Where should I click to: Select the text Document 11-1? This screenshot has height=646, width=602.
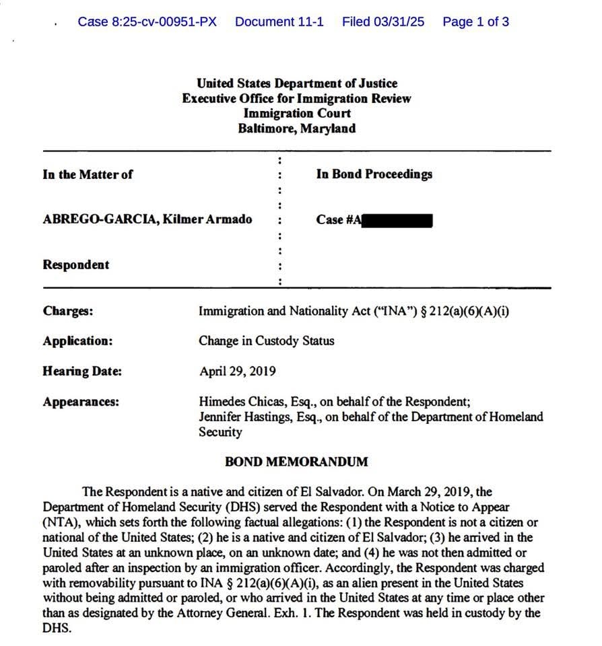click(279, 22)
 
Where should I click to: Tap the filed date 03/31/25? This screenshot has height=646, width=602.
click(403, 22)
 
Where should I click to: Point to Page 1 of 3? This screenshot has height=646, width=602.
click(475, 22)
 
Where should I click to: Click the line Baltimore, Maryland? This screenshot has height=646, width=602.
click(296, 129)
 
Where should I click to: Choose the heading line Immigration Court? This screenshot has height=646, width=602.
click(296, 114)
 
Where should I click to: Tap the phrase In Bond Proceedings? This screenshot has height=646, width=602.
click(374, 174)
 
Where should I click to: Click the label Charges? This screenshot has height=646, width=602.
click(68, 312)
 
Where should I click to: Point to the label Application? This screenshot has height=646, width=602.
click(77, 341)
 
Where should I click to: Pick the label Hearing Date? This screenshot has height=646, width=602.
click(82, 371)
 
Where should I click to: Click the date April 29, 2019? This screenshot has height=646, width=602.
click(237, 371)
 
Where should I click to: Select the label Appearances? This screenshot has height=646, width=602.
click(81, 402)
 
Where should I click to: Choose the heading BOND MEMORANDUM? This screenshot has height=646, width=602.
click(296, 462)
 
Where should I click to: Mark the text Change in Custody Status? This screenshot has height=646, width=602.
click(266, 341)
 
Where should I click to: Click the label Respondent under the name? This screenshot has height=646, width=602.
click(75, 265)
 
